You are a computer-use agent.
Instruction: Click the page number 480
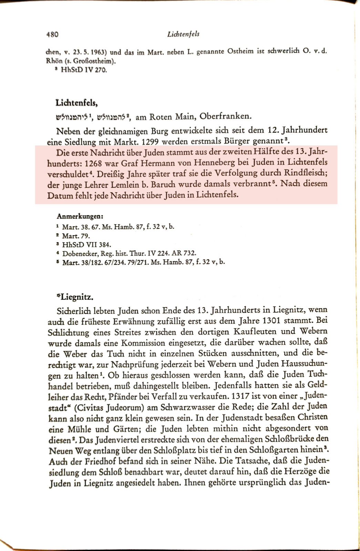[52, 34]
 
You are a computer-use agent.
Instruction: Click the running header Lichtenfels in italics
[183, 34]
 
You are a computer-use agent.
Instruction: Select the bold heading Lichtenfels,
[76, 103]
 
